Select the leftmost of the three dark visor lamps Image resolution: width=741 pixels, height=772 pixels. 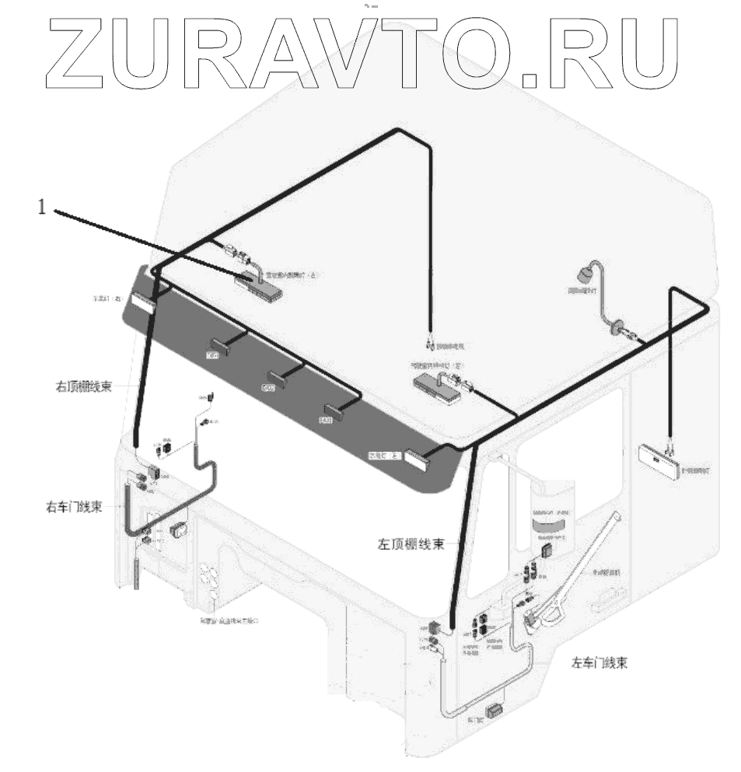tap(215, 348)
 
